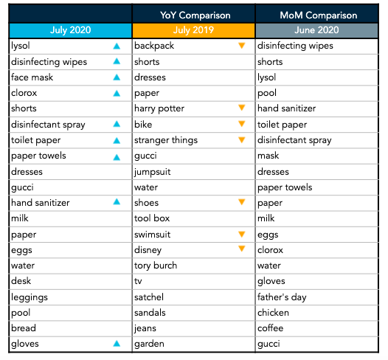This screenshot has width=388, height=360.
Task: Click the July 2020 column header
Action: [x=71, y=30]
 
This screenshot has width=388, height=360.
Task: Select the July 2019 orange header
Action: [x=193, y=30]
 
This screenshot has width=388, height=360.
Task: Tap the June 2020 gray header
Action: [x=316, y=30]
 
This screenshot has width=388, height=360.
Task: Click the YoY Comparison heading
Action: [x=195, y=15]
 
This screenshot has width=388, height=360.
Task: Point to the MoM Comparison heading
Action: [x=319, y=15]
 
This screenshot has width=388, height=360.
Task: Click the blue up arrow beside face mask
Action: [x=117, y=77]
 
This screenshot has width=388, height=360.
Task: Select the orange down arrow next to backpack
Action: [x=242, y=46]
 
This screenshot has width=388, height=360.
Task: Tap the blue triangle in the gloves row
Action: [x=117, y=344]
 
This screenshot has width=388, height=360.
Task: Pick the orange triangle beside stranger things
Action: [x=242, y=139]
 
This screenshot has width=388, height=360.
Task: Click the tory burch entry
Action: [x=156, y=266]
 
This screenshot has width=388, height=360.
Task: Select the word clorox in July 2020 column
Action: [x=24, y=93]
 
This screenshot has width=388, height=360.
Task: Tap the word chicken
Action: [x=273, y=313]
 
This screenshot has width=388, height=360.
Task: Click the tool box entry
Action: [x=152, y=218]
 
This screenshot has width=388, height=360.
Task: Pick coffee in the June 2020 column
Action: [x=271, y=328]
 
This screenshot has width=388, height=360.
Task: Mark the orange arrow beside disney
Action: [x=242, y=249]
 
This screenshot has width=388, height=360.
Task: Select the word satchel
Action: [x=149, y=297]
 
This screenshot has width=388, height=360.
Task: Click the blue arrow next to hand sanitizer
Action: [x=117, y=202]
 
